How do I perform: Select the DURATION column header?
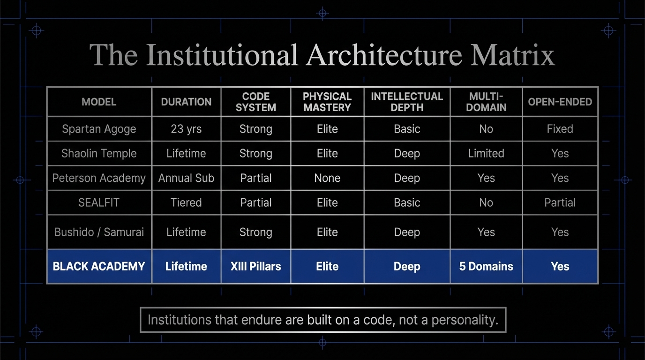pyautogui.click(x=186, y=102)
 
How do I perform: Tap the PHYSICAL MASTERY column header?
pyautogui.click(x=327, y=102)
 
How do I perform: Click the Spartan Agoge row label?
pyautogui.click(x=99, y=129)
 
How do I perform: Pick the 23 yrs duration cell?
pyautogui.click(x=186, y=129)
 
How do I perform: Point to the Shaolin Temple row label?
pyautogui.click(x=99, y=153)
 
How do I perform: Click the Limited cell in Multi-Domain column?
pyautogui.click(x=486, y=153)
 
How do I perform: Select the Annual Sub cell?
pyautogui.click(x=186, y=178)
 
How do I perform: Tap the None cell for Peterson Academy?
pyautogui.click(x=327, y=178)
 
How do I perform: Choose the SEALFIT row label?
pyautogui.click(x=99, y=202)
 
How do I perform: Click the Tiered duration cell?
pyautogui.click(x=186, y=202)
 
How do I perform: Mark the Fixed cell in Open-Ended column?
pyautogui.click(x=560, y=129)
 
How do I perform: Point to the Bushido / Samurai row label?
pyautogui.click(x=99, y=232)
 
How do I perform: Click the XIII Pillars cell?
pyautogui.click(x=255, y=266)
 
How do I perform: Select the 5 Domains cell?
pyautogui.click(x=486, y=266)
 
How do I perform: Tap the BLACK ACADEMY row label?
pyautogui.click(x=99, y=266)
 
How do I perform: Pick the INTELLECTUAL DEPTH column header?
pyautogui.click(x=407, y=102)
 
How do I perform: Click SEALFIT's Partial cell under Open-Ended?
pyautogui.click(x=560, y=202)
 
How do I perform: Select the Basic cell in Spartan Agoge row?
pyautogui.click(x=407, y=129)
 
